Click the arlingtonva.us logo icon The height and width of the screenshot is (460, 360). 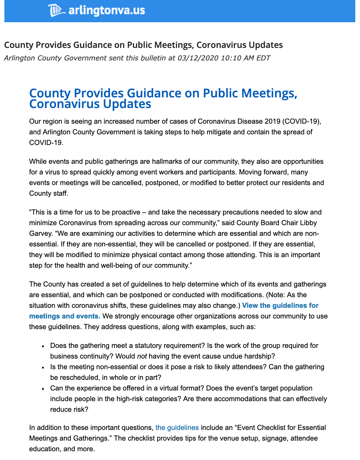click(56, 11)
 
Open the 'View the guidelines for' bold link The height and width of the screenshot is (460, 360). click(280, 305)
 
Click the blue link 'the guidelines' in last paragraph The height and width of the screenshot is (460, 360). click(177, 427)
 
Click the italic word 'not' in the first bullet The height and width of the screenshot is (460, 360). click(142, 356)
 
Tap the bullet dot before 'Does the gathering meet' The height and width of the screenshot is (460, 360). click(43, 346)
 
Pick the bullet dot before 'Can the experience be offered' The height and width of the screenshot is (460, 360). click(43, 389)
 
